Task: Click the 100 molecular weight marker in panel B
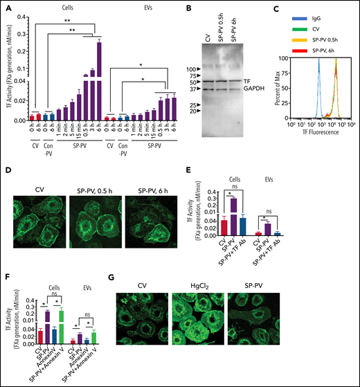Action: click(x=175, y=69)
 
